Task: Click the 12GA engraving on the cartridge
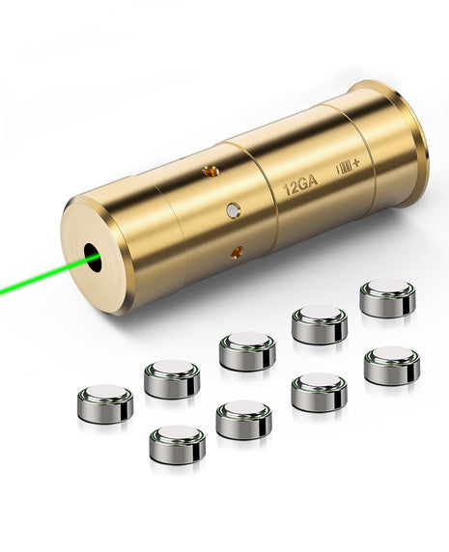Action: (x=300, y=186)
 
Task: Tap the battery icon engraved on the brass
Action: (x=343, y=168)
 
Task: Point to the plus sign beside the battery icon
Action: (x=356, y=163)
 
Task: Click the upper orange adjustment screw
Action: (x=210, y=171)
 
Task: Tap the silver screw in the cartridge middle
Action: (x=233, y=210)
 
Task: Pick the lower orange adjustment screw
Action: (x=237, y=252)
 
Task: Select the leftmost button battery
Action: (x=105, y=403)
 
